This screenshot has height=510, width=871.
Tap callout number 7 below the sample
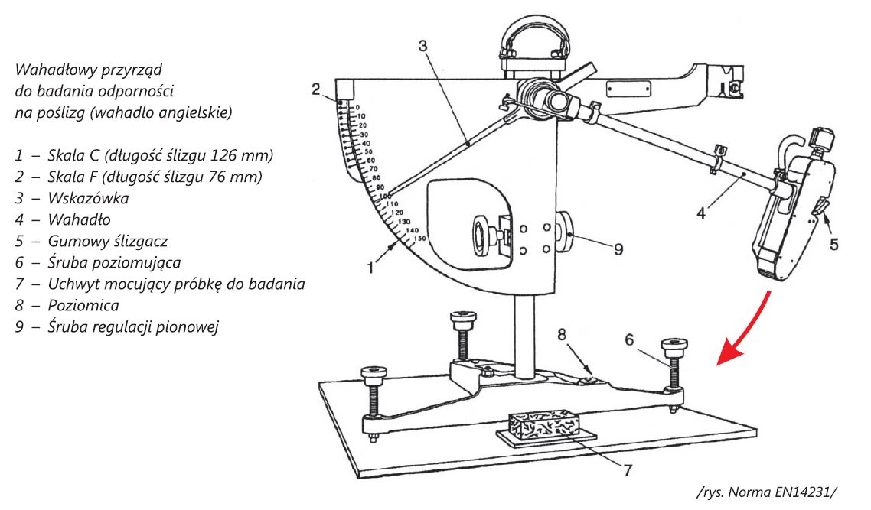tap(627, 472)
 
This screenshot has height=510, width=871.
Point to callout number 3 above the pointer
tap(424, 47)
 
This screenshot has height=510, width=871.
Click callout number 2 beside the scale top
tap(315, 89)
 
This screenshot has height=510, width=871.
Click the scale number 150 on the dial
tap(419, 239)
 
